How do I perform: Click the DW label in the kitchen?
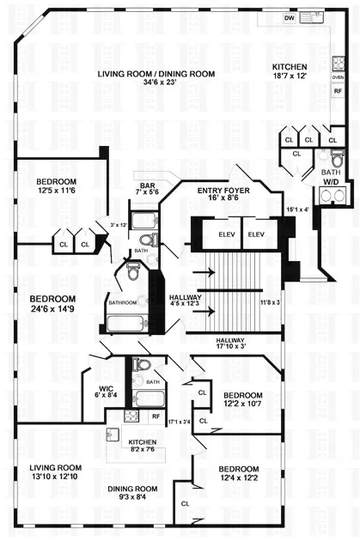[290, 18]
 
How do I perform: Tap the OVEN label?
[338, 76]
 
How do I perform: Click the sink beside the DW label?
[315, 16]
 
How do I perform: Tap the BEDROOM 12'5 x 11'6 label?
[57, 186]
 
